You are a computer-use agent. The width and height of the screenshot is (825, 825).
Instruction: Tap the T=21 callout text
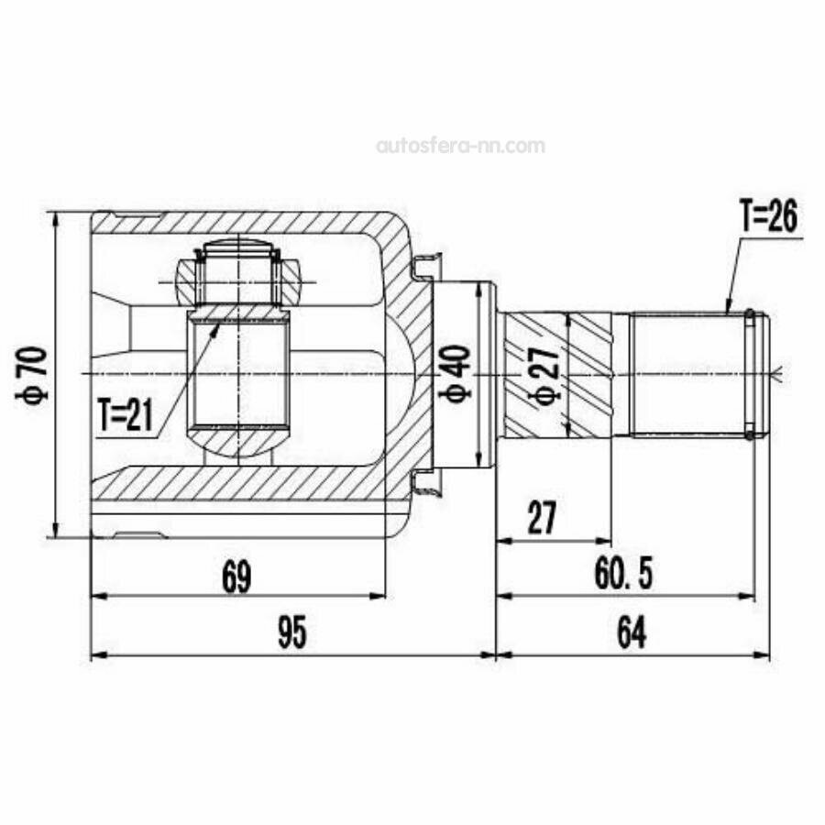click(x=126, y=414)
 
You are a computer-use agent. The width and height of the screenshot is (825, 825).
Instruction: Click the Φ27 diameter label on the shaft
click(x=545, y=374)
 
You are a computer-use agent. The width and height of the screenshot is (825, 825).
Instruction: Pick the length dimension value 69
click(x=236, y=577)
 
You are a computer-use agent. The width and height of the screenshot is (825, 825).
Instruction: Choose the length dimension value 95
click(x=292, y=632)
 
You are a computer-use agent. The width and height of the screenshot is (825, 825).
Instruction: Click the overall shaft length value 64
click(x=632, y=632)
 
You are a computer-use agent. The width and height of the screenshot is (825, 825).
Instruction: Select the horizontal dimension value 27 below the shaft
click(x=542, y=518)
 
